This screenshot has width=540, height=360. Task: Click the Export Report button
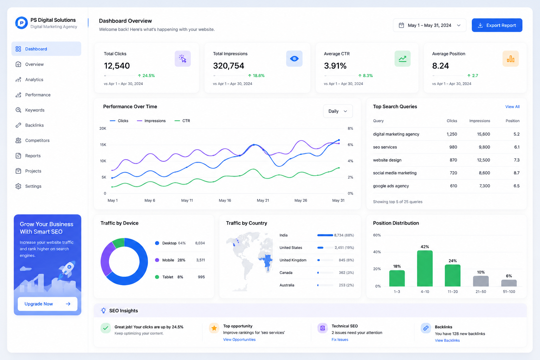pyautogui.click(x=497, y=25)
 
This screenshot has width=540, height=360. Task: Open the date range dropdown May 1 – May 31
pyautogui.click(x=429, y=25)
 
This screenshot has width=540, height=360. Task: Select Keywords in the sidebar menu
pyautogui.click(x=35, y=110)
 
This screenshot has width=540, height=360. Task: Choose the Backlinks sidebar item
pyautogui.click(x=34, y=125)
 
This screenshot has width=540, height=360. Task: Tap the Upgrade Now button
pyautogui.click(x=47, y=304)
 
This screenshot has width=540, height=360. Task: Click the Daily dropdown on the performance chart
pyautogui.click(x=338, y=111)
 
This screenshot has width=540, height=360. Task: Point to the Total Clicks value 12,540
pyautogui.click(x=117, y=66)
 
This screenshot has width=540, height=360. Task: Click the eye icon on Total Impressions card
pyautogui.click(x=294, y=59)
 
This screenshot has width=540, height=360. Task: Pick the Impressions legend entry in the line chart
pyautogui.click(x=151, y=121)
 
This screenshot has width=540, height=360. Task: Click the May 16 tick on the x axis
pyautogui.click(x=225, y=200)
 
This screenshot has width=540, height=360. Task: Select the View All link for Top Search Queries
pyautogui.click(x=512, y=107)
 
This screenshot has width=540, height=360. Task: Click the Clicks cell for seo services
pyautogui.click(x=453, y=147)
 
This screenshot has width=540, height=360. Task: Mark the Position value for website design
pyautogui.click(x=516, y=160)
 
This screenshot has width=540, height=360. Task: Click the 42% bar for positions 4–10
pyautogui.click(x=425, y=268)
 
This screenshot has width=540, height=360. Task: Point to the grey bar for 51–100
pyautogui.click(x=509, y=283)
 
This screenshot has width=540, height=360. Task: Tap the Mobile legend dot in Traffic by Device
pyautogui.click(x=157, y=260)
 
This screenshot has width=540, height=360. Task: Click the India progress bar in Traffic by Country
pyautogui.click(x=325, y=235)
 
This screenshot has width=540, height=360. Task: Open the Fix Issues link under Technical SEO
pyautogui.click(x=340, y=340)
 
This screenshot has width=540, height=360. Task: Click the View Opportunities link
pyautogui.click(x=239, y=340)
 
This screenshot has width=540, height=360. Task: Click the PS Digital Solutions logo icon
pyautogui.click(x=21, y=23)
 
